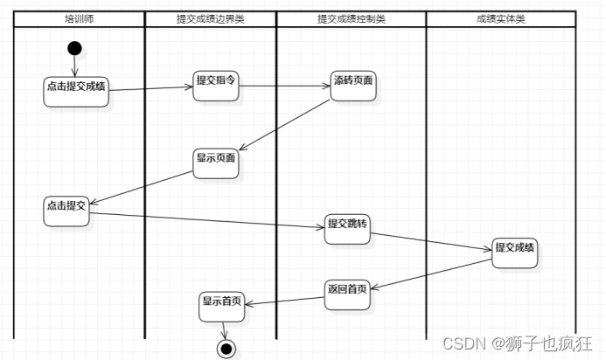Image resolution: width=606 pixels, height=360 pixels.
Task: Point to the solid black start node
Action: point(74,49)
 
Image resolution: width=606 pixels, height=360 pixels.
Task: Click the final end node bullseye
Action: point(226,349)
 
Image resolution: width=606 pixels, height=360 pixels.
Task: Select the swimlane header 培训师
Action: point(79,18)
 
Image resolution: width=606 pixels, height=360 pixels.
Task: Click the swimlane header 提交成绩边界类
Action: point(210,18)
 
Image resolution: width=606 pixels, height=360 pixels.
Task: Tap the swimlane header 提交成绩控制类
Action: point(352,18)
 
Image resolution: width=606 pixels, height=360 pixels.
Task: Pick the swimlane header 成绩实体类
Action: point(501,18)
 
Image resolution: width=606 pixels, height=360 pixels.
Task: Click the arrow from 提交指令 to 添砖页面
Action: point(285,86)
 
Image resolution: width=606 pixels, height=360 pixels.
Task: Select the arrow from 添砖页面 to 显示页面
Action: point(284,125)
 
